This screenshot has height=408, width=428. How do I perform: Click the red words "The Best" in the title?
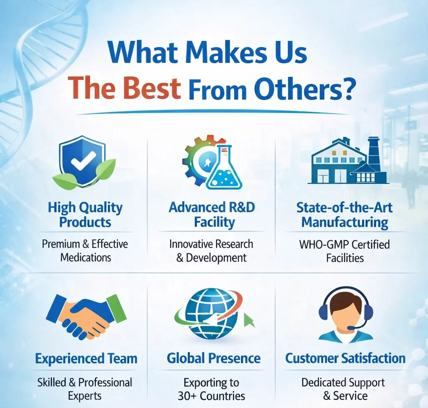(x=124, y=88)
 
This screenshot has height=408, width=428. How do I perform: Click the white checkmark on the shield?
(x=83, y=161)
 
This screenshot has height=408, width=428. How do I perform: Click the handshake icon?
(x=87, y=316)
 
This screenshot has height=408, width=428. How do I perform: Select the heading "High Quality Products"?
(x=85, y=215)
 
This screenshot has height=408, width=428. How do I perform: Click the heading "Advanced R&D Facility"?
(x=212, y=214)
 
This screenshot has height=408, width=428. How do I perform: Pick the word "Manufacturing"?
(x=345, y=222)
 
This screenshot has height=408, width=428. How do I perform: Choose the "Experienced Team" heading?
(x=86, y=358)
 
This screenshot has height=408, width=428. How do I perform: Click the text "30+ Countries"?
(x=211, y=396)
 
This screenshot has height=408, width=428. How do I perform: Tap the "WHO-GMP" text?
(x=324, y=244)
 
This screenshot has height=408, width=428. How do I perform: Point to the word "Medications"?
(x=86, y=257)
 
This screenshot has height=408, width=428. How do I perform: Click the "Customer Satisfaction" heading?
(x=345, y=358)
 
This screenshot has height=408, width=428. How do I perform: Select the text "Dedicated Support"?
(x=343, y=383)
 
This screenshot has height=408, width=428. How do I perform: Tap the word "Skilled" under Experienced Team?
(x=52, y=383)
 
